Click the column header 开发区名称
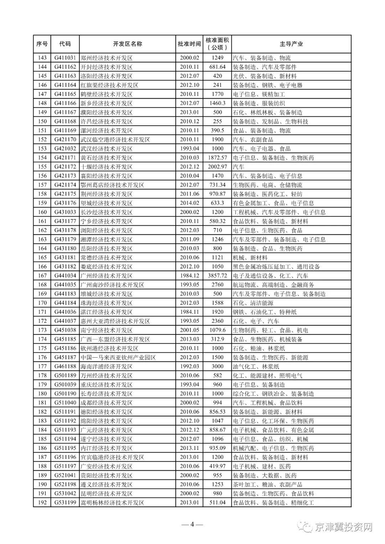pyautogui.click(x=127, y=44)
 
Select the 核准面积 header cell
pyautogui.click(x=217, y=44)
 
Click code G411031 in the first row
pyautogui.click(x=65, y=58)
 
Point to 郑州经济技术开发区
pyautogui.click(x=107, y=58)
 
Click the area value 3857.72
pyautogui.click(x=217, y=276)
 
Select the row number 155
pyautogui.click(x=42, y=167)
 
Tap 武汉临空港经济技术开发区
pyautogui.click(x=115, y=140)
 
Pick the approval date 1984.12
pyautogui.click(x=189, y=276)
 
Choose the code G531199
pyautogui.click(x=65, y=503)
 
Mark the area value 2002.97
pyautogui.click(x=217, y=167)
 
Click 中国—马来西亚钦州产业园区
pyautogui.click(x=118, y=357)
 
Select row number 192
pyautogui.click(x=42, y=503)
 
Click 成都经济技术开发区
pyautogui.click(x=107, y=403)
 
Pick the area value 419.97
pyautogui.click(x=217, y=466)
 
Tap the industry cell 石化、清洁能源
pyautogui.click(x=253, y=303)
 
